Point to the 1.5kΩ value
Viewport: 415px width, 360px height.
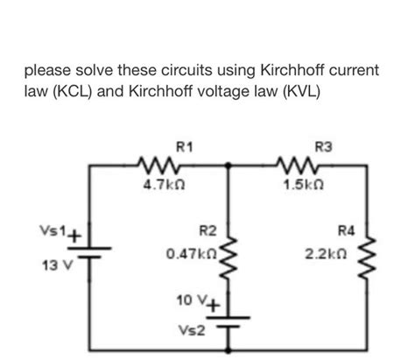[306, 185]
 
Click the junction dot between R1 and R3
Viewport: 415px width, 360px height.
[229, 163]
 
